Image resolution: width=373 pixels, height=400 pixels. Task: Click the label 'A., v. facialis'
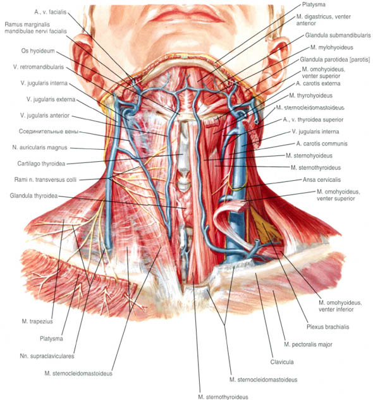click(x=51, y=12)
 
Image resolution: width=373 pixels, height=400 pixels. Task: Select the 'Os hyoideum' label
click(x=38, y=51)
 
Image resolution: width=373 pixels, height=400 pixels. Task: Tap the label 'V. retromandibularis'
click(x=39, y=67)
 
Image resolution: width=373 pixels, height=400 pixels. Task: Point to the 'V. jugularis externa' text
click(x=51, y=99)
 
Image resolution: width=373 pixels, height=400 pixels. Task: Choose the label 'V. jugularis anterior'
click(x=45, y=116)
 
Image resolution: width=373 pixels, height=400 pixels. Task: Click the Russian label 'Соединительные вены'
click(x=49, y=131)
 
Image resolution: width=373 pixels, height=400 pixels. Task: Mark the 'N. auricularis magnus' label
click(x=40, y=147)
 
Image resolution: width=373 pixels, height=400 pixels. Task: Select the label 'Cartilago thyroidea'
click(x=41, y=164)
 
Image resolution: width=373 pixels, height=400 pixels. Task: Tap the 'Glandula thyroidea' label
click(x=34, y=196)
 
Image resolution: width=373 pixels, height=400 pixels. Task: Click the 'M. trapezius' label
click(x=37, y=322)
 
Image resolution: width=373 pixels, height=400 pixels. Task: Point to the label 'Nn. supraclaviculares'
click(x=47, y=356)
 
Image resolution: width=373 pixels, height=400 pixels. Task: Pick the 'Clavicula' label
click(x=282, y=361)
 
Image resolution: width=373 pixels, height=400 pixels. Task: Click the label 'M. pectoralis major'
click(x=308, y=344)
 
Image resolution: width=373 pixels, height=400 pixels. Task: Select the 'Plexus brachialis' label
click(x=328, y=327)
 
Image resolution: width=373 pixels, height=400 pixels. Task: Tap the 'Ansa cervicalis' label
click(x=322, y=179)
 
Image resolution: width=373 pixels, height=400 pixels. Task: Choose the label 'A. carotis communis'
click(x=322, y=143)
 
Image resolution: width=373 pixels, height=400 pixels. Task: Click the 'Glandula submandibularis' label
click(x=338, y=35)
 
